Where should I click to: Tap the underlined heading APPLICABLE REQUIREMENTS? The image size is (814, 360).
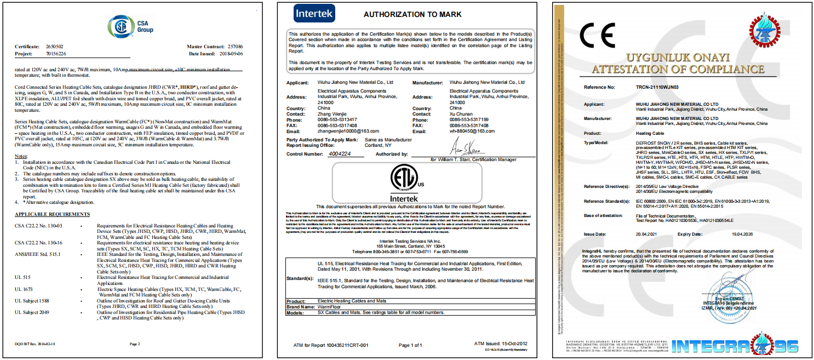click(52, 214)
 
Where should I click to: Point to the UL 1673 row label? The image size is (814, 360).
click(24, 289)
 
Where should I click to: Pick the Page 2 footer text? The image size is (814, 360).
click(135, 344)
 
